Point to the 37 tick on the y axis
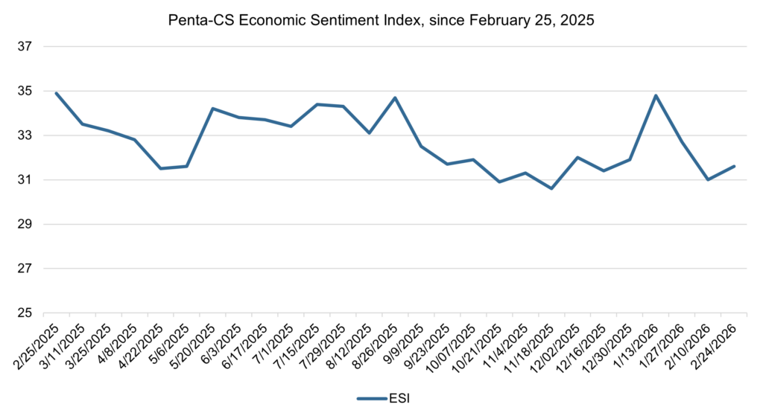pyautogui.click(x=26, y=47)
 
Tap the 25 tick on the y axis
pyautogui.click(x=26, y=313)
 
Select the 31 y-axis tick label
pyautogui.click(x=26, y=180)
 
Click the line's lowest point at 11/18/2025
pyautogui.click(x=551, y=188)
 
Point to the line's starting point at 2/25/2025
pyautogui.click(x=57, y=93)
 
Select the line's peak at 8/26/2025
pyautogui.click(x=395, y=97)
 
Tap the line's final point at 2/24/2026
pyautogui.click(x=735, y=166)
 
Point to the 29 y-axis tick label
pyautogui.click(x=26, y=224)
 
